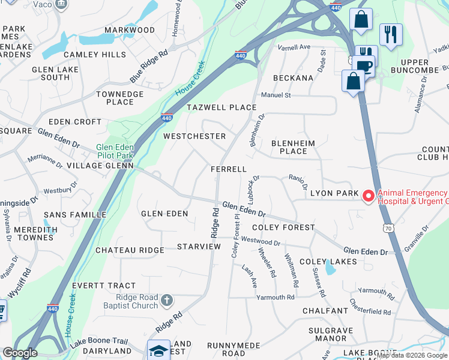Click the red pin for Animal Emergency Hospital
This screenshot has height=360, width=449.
[x=369, y=196]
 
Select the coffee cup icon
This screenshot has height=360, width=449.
[x=364, y=66]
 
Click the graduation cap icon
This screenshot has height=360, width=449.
[x=158, y=350]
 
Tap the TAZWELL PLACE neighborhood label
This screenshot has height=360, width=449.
[x=221, y=107]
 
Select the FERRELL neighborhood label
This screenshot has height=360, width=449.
[x=229, y=169]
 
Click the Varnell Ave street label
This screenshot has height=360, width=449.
[x=294, y=47]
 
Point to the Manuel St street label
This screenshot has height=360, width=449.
[x=276, y=95]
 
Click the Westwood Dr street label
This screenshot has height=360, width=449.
[x=261, y=242]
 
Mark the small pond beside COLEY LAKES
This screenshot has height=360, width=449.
[x=330, y=269]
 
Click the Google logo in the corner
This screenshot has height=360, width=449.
[x=20, y=353]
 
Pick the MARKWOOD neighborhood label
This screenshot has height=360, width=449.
[x=130, y=30]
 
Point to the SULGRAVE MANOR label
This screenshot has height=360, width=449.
[x=336, y=334]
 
